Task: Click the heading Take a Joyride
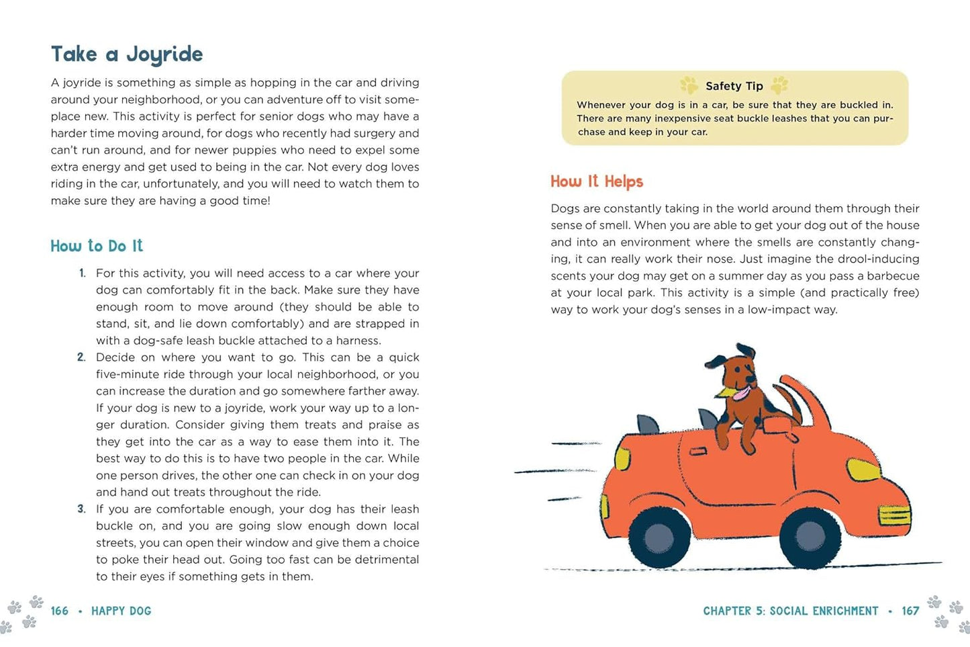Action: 127,54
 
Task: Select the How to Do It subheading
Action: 97,246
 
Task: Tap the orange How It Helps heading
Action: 597,181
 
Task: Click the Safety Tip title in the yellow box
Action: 734,86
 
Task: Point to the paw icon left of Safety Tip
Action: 689,85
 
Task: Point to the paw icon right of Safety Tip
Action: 779,85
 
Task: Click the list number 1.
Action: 82,273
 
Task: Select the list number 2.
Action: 81,357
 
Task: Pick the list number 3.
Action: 81,509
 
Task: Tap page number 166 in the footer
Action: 60,611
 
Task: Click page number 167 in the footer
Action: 910,611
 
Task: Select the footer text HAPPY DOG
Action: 122,611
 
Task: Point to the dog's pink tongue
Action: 738,393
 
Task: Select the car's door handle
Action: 698,451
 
